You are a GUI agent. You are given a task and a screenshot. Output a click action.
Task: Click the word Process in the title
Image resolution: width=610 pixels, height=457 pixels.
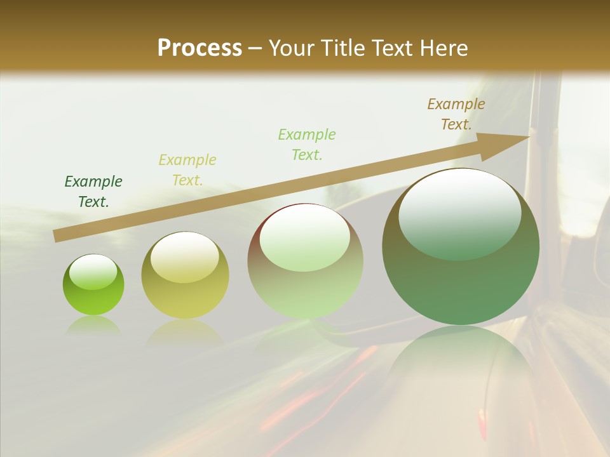click(x=200, y=48)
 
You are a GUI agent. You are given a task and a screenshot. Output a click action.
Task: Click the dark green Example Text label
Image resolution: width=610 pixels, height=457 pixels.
click(x=93, y=192)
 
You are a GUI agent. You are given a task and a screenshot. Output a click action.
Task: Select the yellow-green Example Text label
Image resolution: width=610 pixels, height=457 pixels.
click(x=187, y=170)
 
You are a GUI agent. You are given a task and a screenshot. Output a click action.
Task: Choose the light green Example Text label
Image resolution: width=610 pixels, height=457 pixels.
click(x=307, y=144)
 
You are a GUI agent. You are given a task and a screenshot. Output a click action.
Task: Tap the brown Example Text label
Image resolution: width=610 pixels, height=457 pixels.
click(x=456, y=114)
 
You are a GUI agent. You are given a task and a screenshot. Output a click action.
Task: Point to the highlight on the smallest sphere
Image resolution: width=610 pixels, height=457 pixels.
click(x=93, y=271)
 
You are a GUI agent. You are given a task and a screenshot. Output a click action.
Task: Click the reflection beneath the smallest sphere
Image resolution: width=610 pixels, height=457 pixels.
click(x=93, y=325)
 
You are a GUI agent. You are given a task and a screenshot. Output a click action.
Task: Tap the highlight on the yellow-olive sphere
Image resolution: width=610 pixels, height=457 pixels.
click(x=184, y=256)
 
